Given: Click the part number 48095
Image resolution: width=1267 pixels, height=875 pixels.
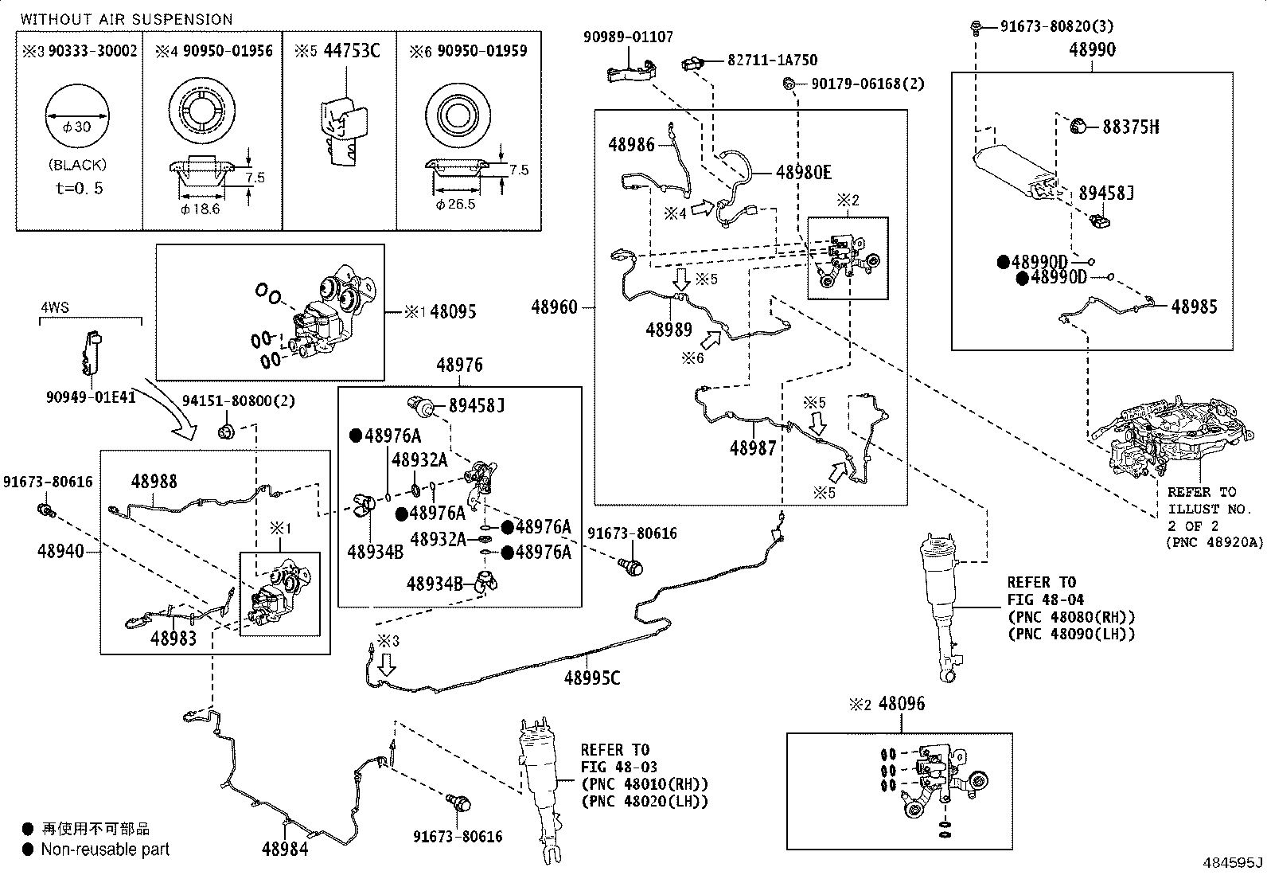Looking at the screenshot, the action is pos(453,312).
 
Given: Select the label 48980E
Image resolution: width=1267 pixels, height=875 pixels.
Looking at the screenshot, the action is pos(804,173).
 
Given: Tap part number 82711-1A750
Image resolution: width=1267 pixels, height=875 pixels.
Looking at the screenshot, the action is pos(772,60).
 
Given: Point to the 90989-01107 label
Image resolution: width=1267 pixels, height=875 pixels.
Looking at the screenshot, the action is pos(629,37).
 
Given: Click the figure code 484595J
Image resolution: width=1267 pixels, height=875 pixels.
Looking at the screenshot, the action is pos(1233,862).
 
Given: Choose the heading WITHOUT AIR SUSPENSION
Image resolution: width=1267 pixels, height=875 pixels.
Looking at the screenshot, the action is pos(127,20).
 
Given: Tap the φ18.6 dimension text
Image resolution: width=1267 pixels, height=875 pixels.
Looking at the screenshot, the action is pos(201,209).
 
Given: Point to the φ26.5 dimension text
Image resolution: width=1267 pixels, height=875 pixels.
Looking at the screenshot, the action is pos(455,205).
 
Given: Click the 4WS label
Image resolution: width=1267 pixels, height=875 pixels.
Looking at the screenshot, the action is pos(55,308).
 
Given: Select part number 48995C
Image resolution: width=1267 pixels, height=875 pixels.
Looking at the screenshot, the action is pos(592,678).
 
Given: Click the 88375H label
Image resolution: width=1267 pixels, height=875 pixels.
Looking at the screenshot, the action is pos(1131,127).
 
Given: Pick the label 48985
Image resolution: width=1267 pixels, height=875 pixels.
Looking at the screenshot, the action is pos(1194,307).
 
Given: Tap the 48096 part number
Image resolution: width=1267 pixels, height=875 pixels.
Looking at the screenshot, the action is pos(902,704).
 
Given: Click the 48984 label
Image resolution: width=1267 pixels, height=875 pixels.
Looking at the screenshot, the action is pos(285,849).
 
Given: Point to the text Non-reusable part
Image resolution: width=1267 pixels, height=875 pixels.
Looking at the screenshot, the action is pos(105,850).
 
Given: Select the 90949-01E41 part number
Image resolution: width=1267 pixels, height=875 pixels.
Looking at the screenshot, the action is pos(91,397).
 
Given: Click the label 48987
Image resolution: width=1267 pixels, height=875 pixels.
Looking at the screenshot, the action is pos(753,448).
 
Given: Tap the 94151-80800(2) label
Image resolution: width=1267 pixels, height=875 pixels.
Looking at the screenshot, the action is pos(239,401).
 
